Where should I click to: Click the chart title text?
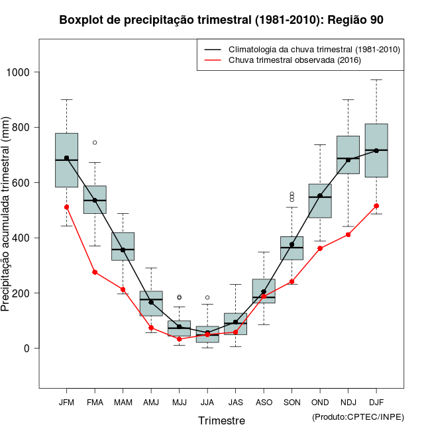click(x=221, y=20)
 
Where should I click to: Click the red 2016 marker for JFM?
click(x=66, y=207)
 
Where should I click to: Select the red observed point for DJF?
click(x=376, y=206)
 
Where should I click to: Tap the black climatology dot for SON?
click(x=291, y=244)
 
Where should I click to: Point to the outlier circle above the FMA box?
click(x=95, y=142)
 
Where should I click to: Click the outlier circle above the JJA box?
click(x=207, y=298)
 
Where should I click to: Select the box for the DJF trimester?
click(x=376, y=150)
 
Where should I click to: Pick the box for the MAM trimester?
click(x=123, y=246)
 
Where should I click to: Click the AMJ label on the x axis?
click(x=151, y=403)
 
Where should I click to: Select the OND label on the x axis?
click(x=320, y=403)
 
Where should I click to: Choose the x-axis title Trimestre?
click(x=221, y=420)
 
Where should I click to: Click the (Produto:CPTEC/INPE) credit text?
click(x=358, y=416)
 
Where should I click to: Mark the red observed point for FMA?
click(x=95, y=272)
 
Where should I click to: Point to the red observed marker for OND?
click(x=320, y=248)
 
